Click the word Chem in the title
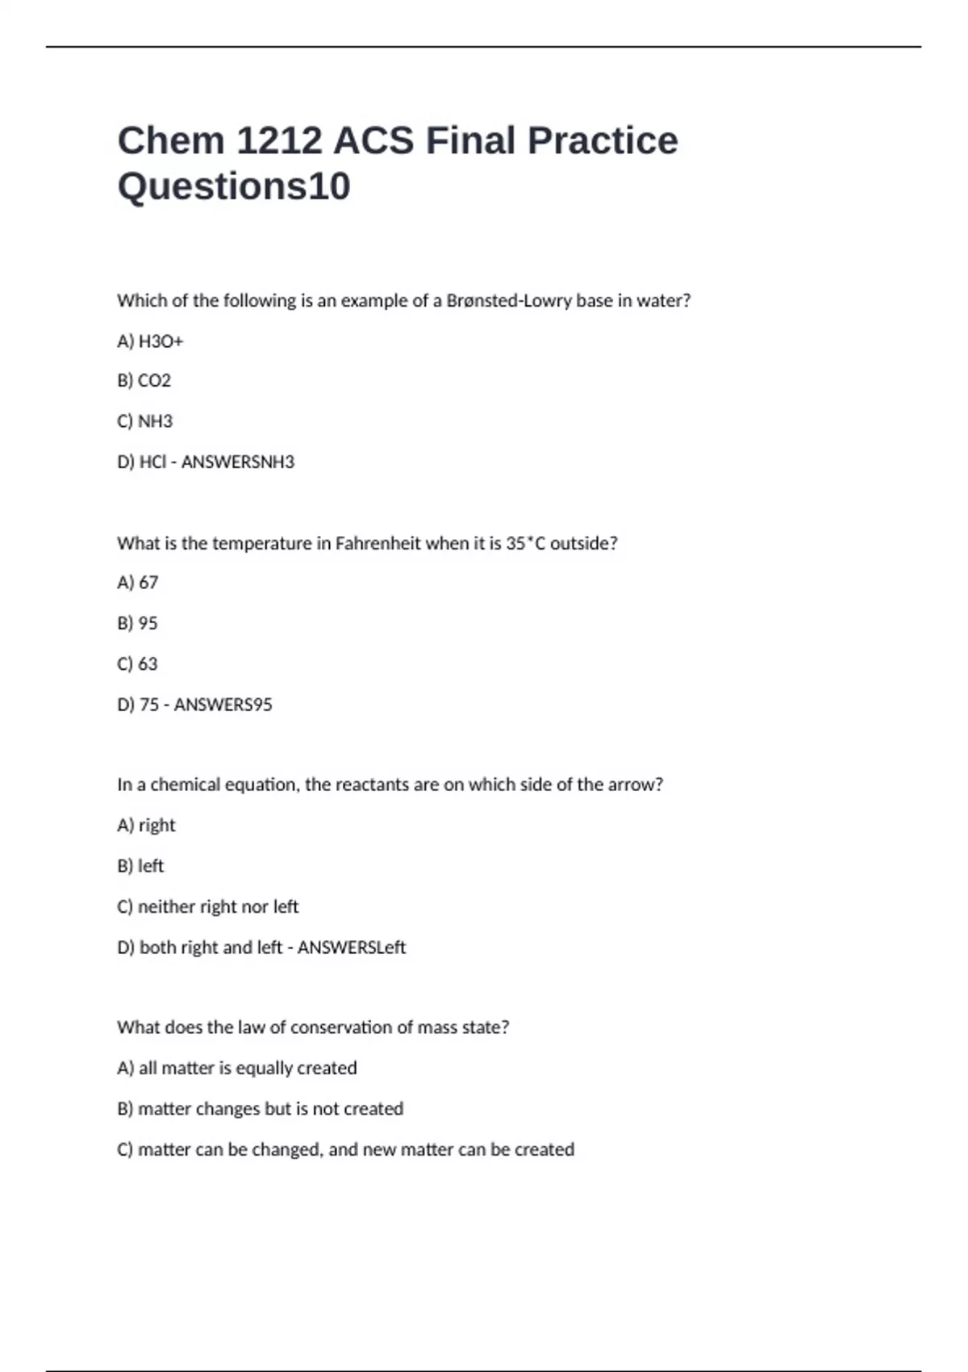pyautogui.click(x=171, y=140)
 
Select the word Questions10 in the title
pyautogui.click(x=234, y=186)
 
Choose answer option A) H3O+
pyautogui.click(x=151, y=341)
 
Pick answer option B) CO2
pyautogui.click(x=144, y=381)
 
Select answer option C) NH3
pyautogui.click(x=145, y=421)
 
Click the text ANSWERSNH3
pyautogui.click(x=238, y=462)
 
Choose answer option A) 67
pyautogui.click(x=138, y=583)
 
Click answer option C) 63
pyautogui.click(x=138, y=664)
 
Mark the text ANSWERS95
pyautogui.click(x=223, y=705)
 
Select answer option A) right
pyautogui.click(x=146, y=825)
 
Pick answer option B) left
pyautogui.click(x=140, y=866)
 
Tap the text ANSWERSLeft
pyautogui.click(x=352, y=947)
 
